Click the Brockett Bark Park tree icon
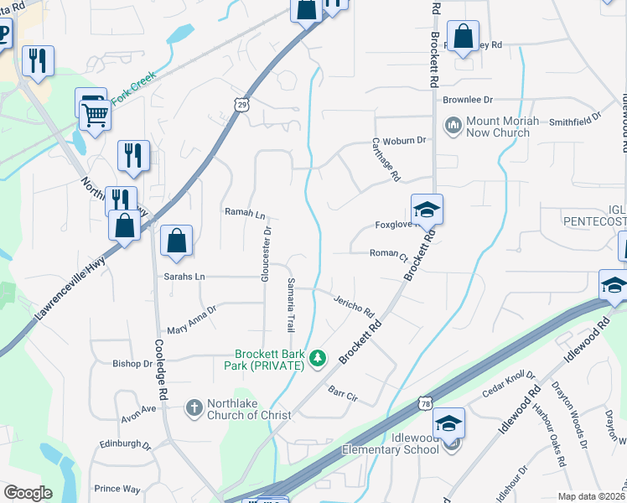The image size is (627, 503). (317, 359)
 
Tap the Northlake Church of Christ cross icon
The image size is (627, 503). (193, 408)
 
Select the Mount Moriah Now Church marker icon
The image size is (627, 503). (454, 126)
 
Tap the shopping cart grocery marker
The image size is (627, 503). (96, 114)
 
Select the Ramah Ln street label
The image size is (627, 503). (243, 213)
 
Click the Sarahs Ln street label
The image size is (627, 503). (185, 276)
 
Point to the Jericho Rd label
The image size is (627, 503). (353, 306)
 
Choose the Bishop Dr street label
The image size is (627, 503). (132, 364)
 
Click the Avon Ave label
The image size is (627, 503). (138, 409)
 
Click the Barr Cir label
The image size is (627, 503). (343, 392)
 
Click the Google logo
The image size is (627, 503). (28, 493)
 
